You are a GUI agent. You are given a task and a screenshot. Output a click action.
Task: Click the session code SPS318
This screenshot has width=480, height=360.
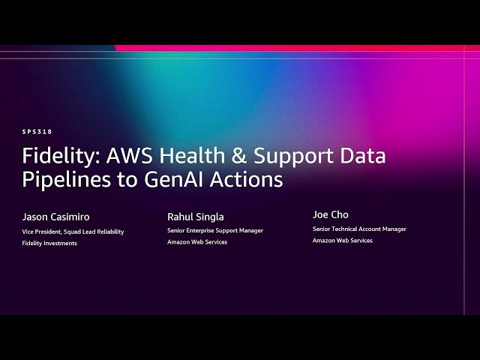[37, 131]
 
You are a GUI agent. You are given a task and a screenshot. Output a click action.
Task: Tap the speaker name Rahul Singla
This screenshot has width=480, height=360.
[195, 217]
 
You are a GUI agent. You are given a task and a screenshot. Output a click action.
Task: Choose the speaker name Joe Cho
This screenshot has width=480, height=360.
[330, 214]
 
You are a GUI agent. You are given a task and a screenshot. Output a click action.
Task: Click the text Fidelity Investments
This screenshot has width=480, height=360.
[49, 243]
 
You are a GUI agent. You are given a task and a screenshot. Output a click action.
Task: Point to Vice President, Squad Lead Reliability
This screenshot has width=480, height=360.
[73, 232]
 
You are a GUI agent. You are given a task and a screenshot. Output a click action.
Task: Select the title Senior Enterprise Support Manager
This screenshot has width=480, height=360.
[214, 230]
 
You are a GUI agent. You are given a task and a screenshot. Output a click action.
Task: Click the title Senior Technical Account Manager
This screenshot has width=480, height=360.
[358, 229]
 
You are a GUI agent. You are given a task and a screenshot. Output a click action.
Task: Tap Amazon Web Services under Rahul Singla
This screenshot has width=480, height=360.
[197, 242]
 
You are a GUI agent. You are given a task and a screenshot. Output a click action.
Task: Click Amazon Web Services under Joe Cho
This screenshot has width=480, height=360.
[342, 241]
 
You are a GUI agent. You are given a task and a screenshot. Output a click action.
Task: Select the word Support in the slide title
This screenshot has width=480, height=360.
[289, 156]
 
